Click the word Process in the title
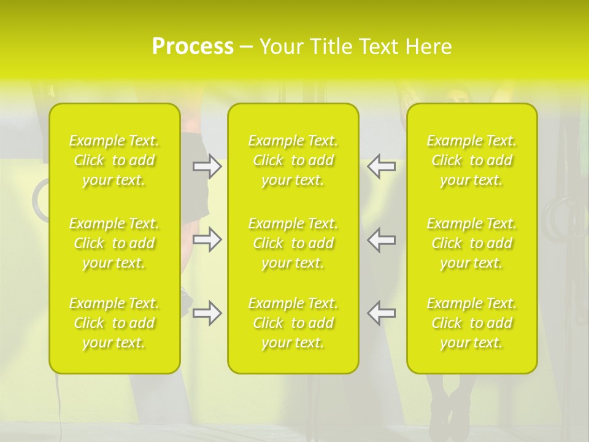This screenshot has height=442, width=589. tap(193, 47)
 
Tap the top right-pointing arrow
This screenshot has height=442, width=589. tap(207, 166)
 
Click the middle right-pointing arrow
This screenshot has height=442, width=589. tap(207, 239)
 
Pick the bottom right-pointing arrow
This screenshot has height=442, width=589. tap(207, 313)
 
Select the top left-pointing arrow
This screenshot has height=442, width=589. tap(382, 166)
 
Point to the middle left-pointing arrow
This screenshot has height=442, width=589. tap(382, 239)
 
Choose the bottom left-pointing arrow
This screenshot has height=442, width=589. tap(382, 313)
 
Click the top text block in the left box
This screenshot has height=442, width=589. tap(114, 160)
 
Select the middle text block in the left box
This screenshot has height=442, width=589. tap(114, 243)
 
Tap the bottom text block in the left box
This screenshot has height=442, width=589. tap(114, 323)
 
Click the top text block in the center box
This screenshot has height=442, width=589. tap(293, 160)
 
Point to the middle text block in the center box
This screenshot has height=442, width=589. tap(293, 243)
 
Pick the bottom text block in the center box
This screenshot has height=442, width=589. tap(293, 323)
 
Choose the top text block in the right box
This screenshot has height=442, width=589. tap(472, 160)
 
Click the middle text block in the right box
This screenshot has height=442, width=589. tap(472, 243)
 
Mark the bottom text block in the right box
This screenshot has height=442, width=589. tap(472, 323)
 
